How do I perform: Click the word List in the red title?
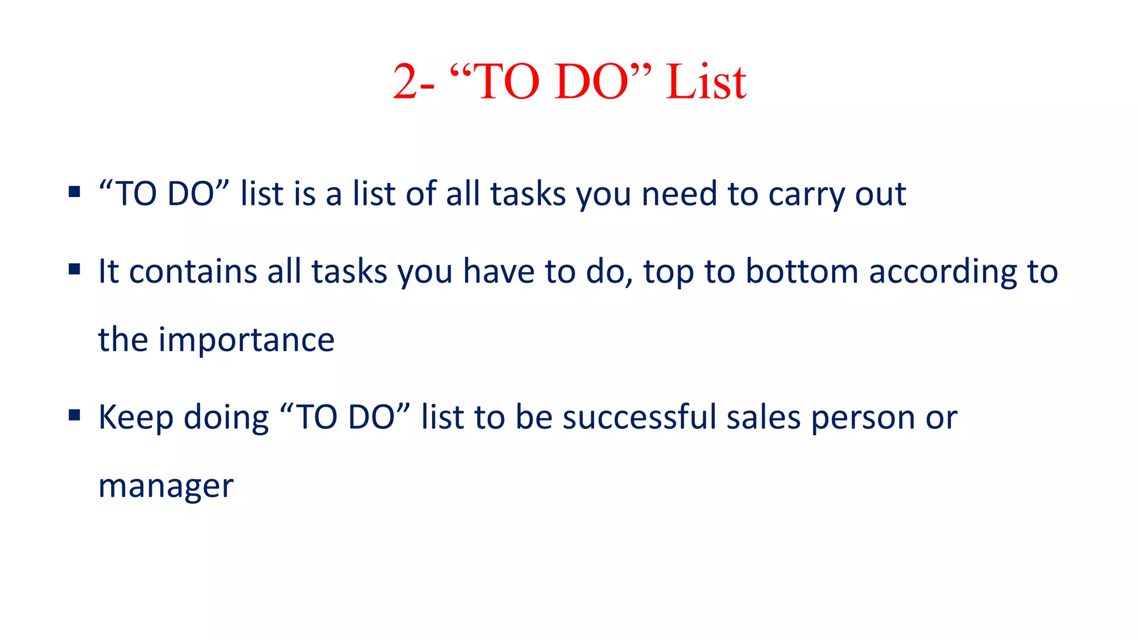(x=706, y=82)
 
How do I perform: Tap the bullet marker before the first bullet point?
(x=75, y=192)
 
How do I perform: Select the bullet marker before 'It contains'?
(x=75, y=270)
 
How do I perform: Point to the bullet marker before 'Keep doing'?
(x=75, y=415)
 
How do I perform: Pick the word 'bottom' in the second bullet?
(x=801, y=272)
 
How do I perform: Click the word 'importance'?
(x=246, y=340)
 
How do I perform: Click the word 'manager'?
(x=166, y=486)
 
